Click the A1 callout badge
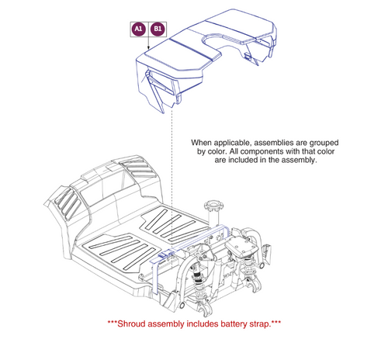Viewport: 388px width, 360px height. [x=137, y=29]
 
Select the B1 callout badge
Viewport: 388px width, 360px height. [x=157, y=29]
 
